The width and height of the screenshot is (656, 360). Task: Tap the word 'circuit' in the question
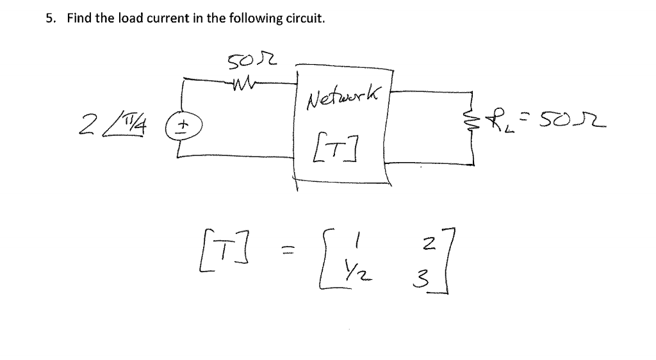[306, 19]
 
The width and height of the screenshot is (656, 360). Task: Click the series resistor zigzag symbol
[245, 81]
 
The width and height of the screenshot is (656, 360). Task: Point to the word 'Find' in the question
[78, 19]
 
